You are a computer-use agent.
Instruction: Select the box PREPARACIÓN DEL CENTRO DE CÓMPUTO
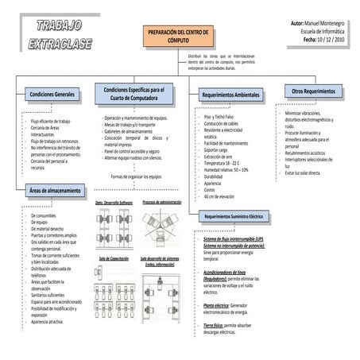179,35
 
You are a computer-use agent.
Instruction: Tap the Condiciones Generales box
53,95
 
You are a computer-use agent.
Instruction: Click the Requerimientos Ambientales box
230,95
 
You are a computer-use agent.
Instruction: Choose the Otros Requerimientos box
314,91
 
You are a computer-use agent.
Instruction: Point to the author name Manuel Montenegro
325,25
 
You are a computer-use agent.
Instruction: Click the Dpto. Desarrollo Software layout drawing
114,228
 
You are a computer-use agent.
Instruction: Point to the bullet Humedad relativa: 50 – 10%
230,169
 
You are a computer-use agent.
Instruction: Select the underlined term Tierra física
217,325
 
